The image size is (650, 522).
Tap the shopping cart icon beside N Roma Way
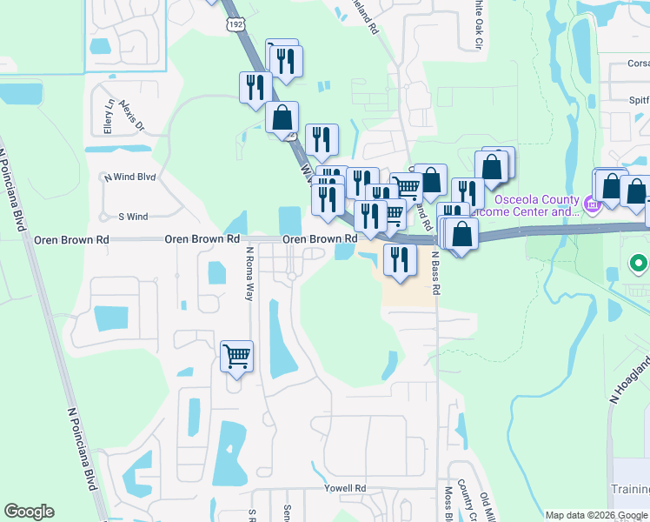coord(236,356)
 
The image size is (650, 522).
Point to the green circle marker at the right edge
coord(640,264)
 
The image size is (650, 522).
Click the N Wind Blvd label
coord(129,177)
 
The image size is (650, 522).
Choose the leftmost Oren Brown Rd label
coord(71,238)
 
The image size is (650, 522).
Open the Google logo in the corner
coord(29,512)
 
